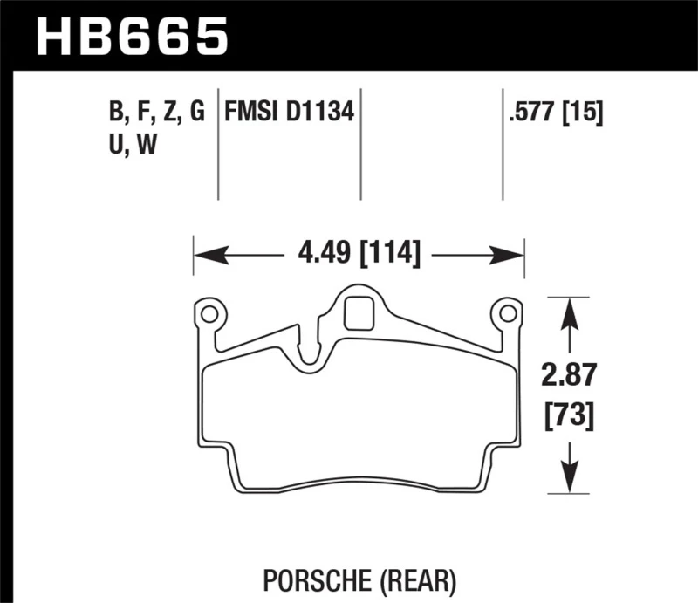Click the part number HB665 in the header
tap(131, 36)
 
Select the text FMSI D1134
tap(289, 113)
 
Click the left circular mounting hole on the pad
tap(209, 312)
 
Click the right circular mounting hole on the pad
tap(506, 312)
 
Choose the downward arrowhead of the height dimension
tap(570, 483)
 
